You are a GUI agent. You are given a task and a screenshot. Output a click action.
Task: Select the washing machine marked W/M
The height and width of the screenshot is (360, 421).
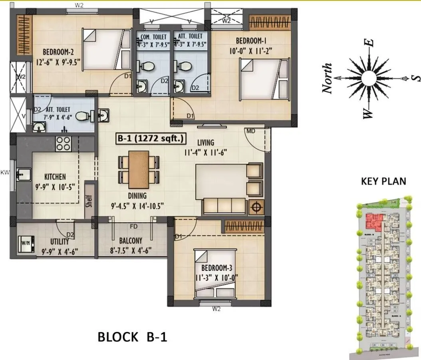click(26, 243)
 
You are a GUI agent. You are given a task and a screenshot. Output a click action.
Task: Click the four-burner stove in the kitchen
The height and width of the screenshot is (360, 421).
click(63, 144)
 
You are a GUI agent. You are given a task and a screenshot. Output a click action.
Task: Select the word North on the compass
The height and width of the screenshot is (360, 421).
click(328, 78)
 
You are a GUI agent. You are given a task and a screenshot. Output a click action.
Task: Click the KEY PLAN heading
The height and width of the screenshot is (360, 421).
click(383, 181)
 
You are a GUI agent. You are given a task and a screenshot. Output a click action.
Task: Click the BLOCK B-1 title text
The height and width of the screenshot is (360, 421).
click(132, 337)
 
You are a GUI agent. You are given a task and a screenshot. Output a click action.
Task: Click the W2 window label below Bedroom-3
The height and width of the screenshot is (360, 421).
click(216, 308)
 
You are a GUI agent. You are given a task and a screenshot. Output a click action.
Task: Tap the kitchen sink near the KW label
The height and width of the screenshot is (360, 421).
click(25, 174)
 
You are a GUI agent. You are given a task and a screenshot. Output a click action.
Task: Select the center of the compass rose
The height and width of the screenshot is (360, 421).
click(366, 78)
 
